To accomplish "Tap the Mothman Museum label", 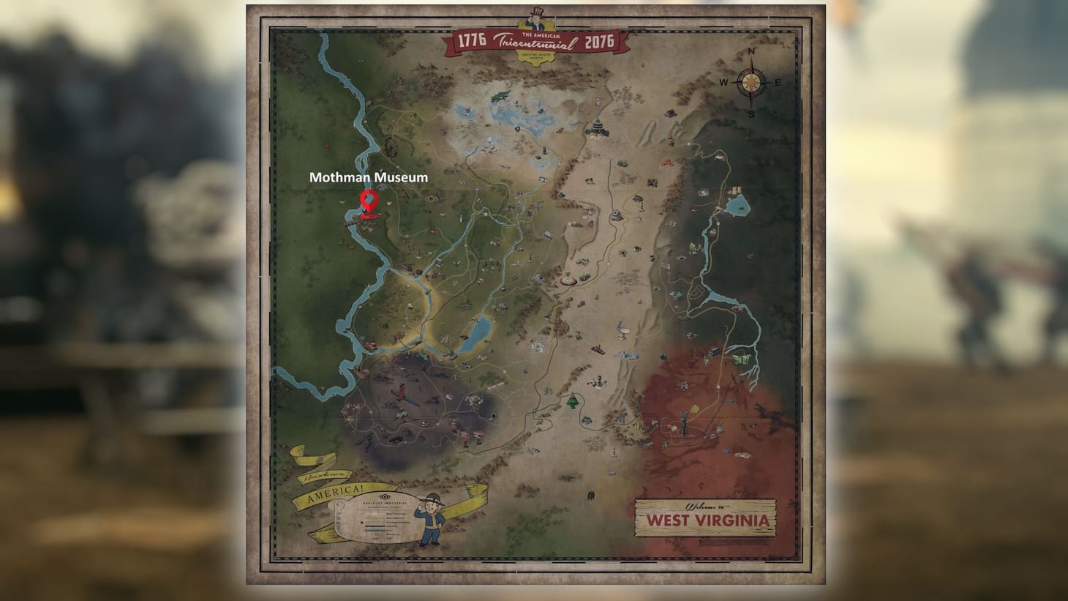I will pos(368,177).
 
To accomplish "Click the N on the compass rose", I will pos(751,53).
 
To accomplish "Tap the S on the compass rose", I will pos(751,114).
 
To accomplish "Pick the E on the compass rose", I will pos(778,83).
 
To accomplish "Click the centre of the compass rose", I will pos(751,83).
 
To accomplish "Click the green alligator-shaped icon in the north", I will pos(501,96).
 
